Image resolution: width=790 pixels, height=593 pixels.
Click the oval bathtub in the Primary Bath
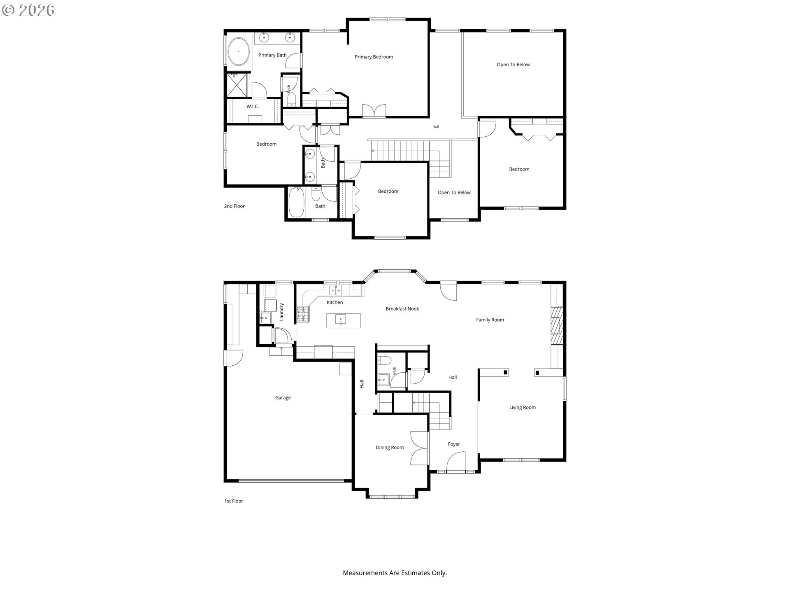[239, 51]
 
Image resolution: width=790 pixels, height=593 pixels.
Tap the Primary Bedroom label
[374, 57]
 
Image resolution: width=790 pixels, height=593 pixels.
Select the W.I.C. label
[253, 107]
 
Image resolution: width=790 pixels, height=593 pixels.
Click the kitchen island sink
[340, 320]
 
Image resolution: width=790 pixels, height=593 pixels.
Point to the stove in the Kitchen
[303, 314]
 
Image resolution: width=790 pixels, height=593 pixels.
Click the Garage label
[283, 398]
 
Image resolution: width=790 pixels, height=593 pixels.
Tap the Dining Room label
[390, 448]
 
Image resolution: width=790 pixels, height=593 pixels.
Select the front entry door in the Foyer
[456, 462]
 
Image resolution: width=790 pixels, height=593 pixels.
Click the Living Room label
[523, 407]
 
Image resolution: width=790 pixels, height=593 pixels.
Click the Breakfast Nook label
[402, 308]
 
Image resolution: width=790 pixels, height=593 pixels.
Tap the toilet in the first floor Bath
[383, 360]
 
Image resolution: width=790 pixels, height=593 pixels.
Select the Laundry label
[282, 312]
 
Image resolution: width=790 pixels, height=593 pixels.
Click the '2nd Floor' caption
[235, 206]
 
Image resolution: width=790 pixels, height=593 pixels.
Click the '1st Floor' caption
[234, 501]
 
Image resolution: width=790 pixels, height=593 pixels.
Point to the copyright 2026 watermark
[28, 10]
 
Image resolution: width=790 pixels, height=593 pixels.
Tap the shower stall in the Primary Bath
[237, 85]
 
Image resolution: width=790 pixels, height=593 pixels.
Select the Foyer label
[454, 444]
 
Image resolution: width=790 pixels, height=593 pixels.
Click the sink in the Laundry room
[266, 318]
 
